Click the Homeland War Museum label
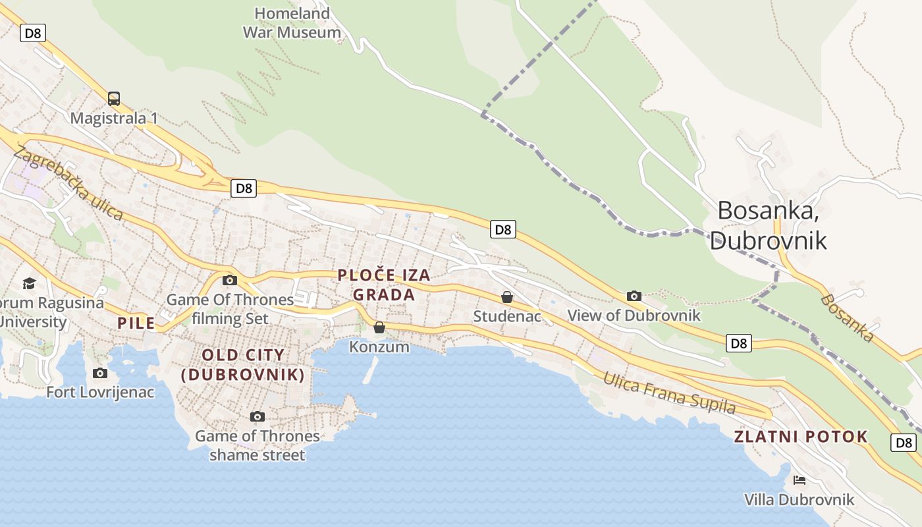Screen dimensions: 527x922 coord(292,22)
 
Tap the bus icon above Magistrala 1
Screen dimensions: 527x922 coord(114,99)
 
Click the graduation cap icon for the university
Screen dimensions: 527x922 coord(29,283)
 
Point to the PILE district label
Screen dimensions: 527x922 coord(136,323)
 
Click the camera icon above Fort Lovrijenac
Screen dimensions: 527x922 coord(100,374)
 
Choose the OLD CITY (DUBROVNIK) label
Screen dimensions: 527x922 coord(243,365)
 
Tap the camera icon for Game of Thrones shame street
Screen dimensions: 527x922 coord(258,416)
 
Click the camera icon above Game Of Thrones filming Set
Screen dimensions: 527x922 coord(229,280)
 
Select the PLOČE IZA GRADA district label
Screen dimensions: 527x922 coord(384,285)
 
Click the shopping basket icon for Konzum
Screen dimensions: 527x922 coord(379,327)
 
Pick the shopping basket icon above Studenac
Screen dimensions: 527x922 coord(507,297)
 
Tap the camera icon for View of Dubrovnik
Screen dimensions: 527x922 coord(634,296)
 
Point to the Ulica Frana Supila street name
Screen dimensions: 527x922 coord(669,393)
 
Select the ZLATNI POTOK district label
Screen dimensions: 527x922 coord(801,437)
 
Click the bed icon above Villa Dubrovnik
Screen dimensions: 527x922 coord(800,480)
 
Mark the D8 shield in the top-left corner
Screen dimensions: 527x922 coord(33,33)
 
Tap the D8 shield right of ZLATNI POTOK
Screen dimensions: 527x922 coord(904,443)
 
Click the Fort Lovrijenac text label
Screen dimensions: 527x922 coord(100,392)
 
